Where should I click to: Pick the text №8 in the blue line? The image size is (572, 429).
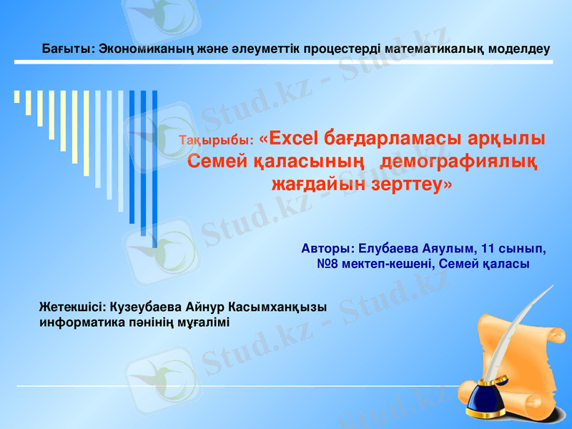coord(327,265)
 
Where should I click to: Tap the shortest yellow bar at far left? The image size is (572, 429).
coord(16,97)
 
